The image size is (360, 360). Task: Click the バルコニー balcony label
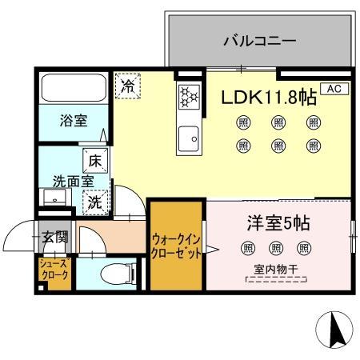259,39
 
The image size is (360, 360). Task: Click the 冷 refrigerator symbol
127,86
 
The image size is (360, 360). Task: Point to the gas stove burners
189,97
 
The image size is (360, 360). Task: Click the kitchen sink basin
189,138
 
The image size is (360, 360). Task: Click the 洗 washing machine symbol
95,202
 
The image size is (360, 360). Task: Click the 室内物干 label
276,270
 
